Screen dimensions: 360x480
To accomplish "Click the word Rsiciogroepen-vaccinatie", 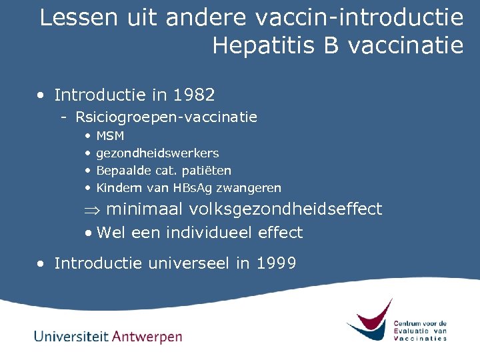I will point(166,117).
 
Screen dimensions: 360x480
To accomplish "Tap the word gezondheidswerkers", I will point(157,153).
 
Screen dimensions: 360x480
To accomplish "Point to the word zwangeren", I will point(254,188).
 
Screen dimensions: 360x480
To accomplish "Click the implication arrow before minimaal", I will point(92,209).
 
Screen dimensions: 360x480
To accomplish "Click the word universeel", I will point(193,263).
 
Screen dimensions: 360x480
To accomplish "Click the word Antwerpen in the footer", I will point(147,336).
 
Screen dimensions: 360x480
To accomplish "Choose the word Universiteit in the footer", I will point(71,336).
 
